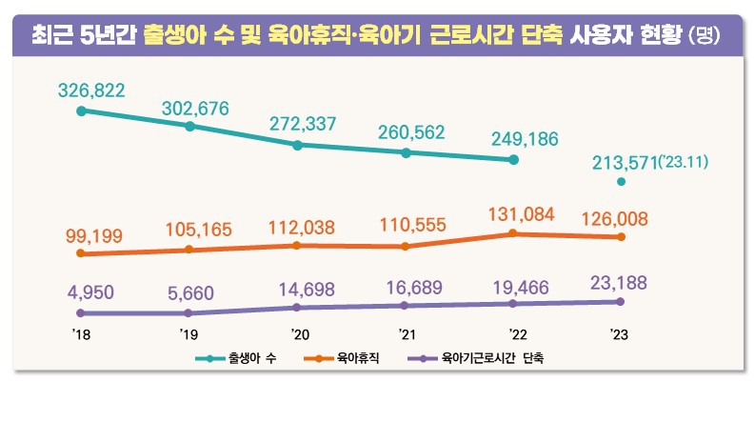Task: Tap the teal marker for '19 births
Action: point(189,126)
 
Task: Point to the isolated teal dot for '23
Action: point(621,182)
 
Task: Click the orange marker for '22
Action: point(513,233)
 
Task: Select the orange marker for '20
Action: point(297,245)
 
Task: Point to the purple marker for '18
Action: point(81,312)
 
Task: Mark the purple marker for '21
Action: point(406,306)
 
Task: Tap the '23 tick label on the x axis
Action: point(620,334)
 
